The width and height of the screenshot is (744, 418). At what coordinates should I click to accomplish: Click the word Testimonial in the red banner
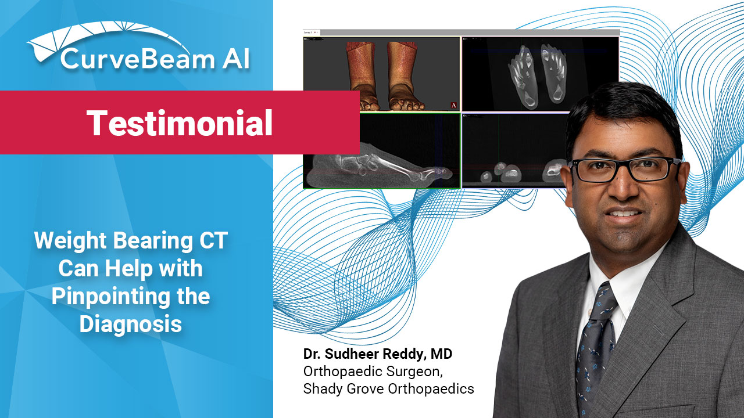180,122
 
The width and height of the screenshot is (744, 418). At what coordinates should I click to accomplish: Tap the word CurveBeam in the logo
138,59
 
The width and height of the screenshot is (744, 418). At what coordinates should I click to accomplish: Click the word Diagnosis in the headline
131,323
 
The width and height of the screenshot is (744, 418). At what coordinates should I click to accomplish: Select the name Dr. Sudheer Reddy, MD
378,354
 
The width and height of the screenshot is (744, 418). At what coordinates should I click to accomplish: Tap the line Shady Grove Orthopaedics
389,389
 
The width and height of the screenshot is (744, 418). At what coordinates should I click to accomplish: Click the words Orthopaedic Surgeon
373,372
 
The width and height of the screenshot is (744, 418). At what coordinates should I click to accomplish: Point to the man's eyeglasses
624,169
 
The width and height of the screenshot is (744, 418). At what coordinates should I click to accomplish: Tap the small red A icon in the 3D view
453,106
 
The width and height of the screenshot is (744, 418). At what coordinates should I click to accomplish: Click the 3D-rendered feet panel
382,74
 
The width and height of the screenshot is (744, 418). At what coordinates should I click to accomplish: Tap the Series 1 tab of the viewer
308,33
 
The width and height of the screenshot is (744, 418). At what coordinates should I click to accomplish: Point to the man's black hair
621,110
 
